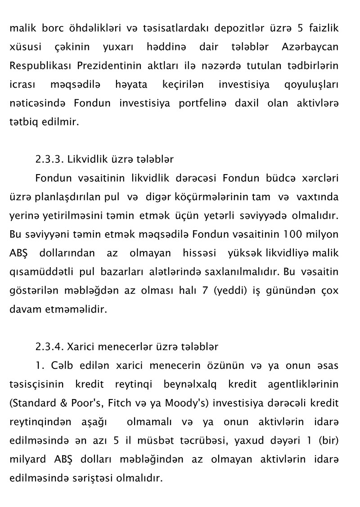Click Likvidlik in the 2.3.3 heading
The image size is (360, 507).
85,159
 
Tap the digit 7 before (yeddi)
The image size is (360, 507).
205,290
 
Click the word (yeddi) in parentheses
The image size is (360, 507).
229,291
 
